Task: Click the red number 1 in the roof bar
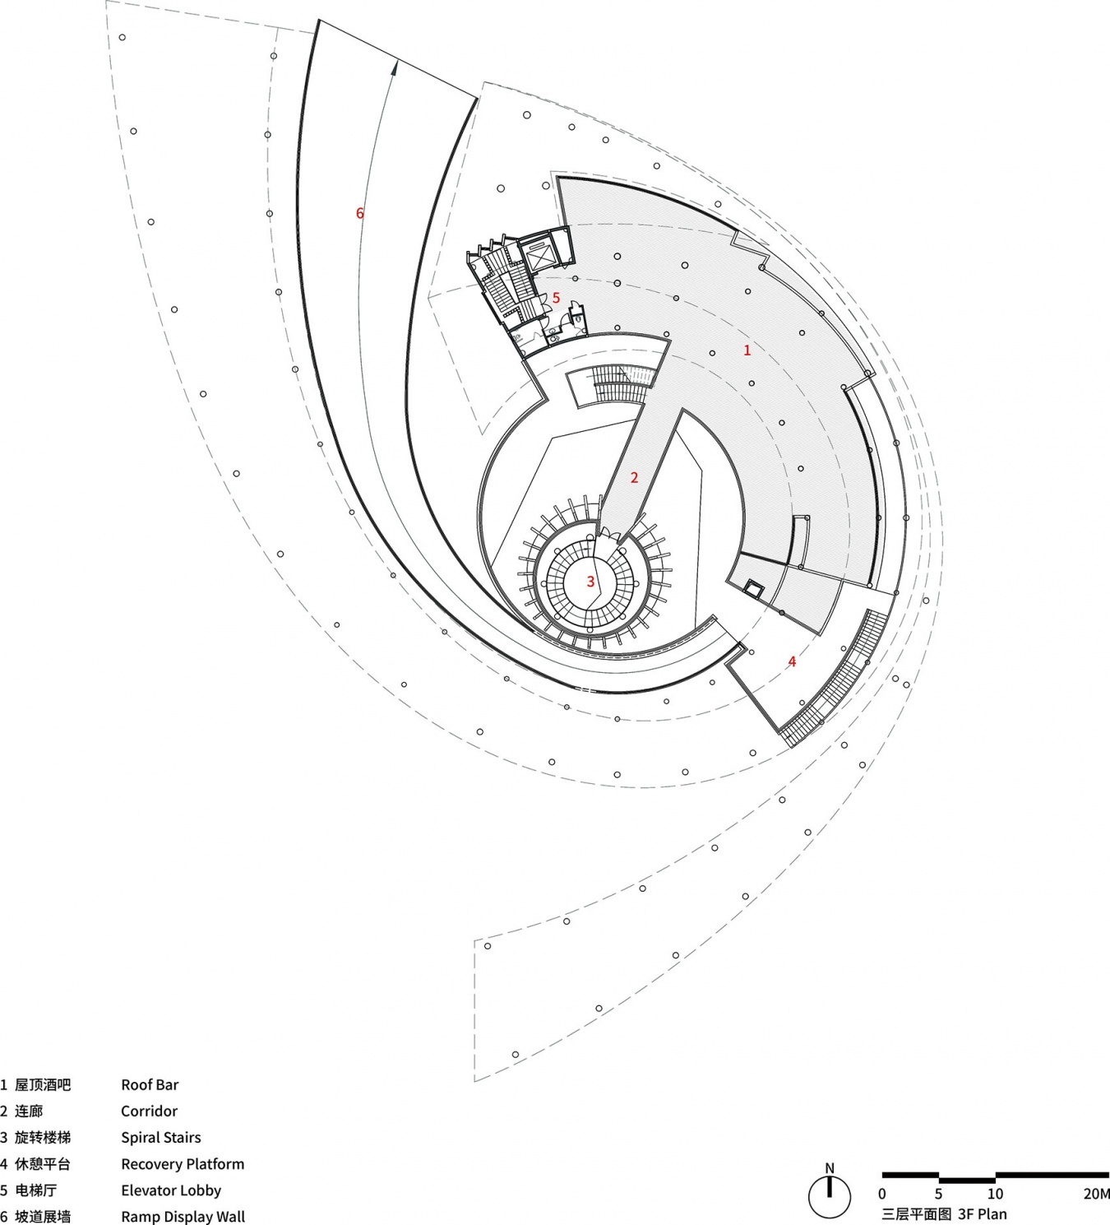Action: point(747,350)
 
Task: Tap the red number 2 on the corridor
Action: point(635,477)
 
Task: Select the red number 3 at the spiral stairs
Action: point(590,582)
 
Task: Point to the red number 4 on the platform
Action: point(792,661)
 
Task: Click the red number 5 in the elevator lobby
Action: point(556,298)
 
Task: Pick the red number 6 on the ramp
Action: point(359,213)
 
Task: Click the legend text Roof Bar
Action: point(150,1084)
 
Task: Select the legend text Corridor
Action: point(149,1111)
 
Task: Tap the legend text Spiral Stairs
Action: point(160,1137)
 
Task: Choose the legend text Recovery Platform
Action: point(183,1164)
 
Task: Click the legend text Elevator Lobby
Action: point(171,1190)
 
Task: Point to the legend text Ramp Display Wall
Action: point(183,1217)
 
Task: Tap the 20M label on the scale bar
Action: point(1096,1193)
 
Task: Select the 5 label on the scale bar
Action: point(938,1193)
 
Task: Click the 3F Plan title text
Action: point(983,1214)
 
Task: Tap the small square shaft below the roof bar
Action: point(753,588)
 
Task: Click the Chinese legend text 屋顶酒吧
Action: point(43,1084)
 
